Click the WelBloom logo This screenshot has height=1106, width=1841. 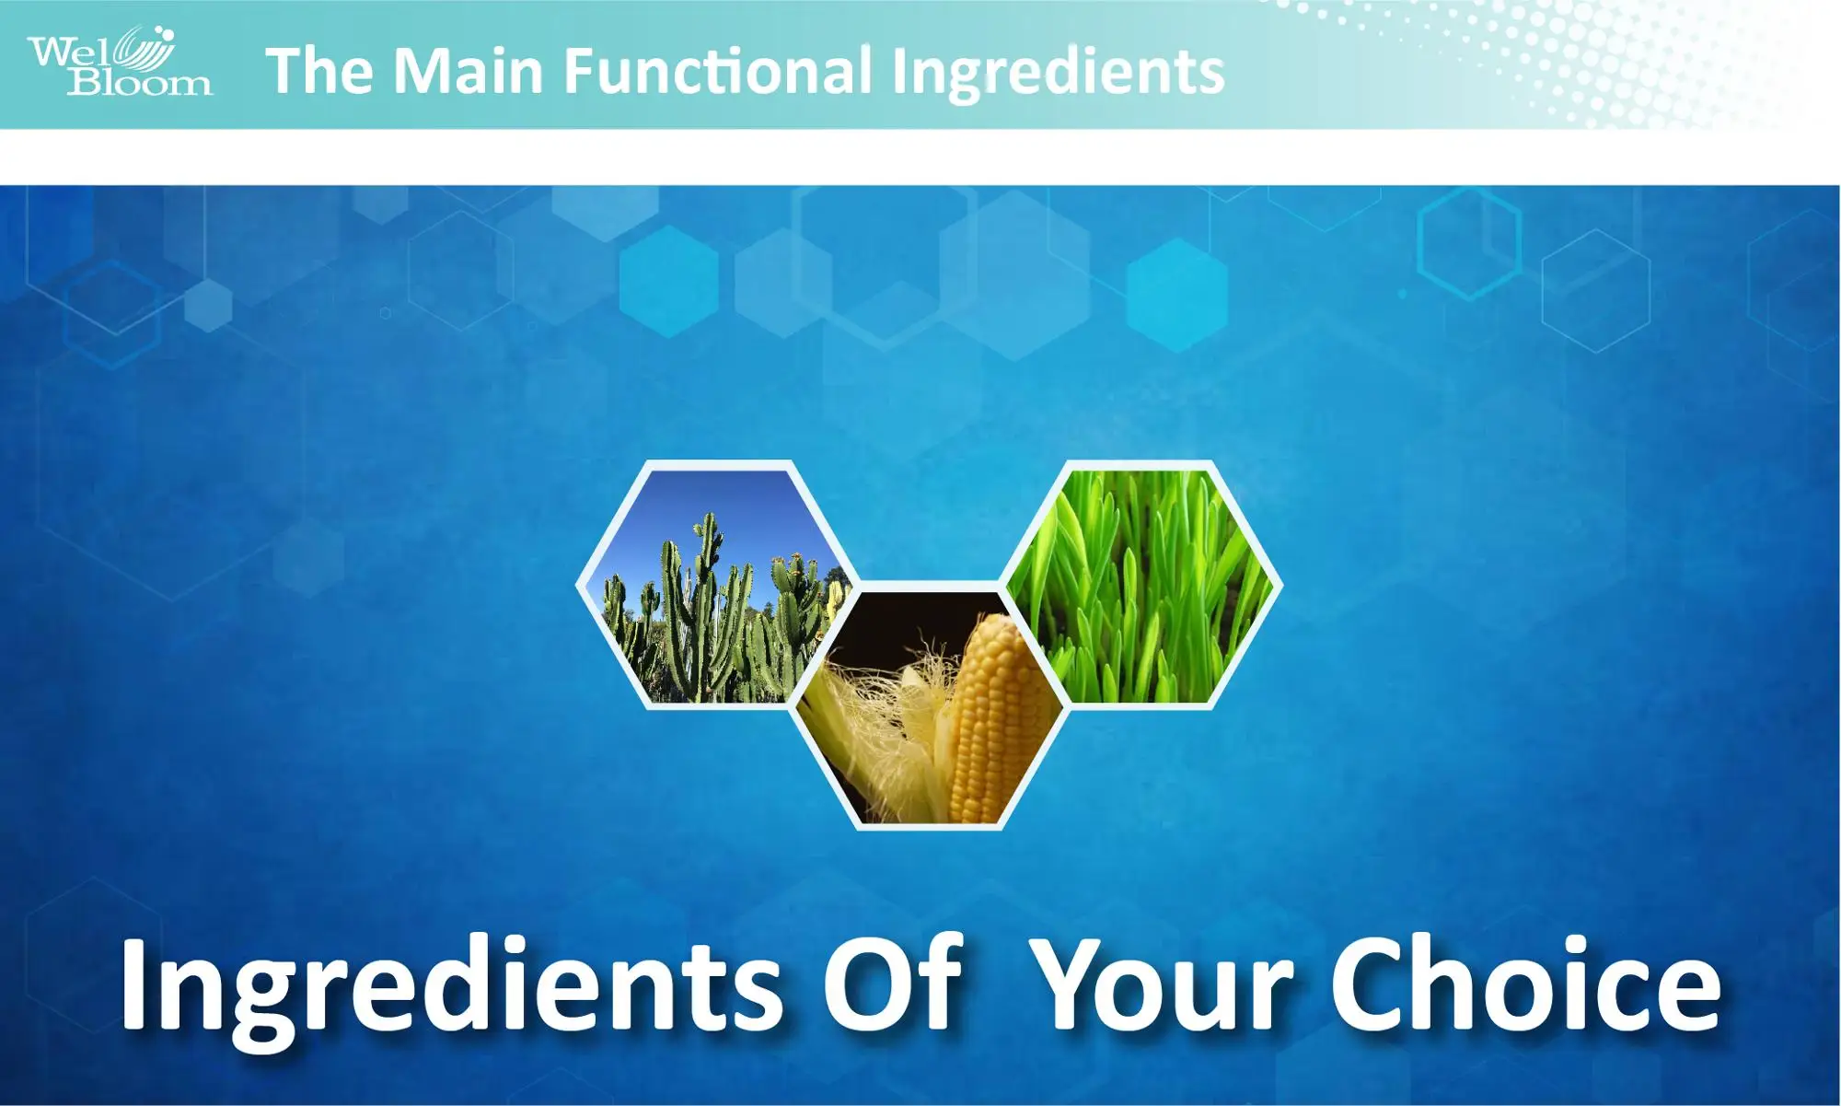[x=120, y=61]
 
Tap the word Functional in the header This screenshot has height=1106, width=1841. [x=717, y=71]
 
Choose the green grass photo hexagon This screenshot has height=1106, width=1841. [x=1141, y=585]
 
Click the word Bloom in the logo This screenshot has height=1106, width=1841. [x=139, y=83]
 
